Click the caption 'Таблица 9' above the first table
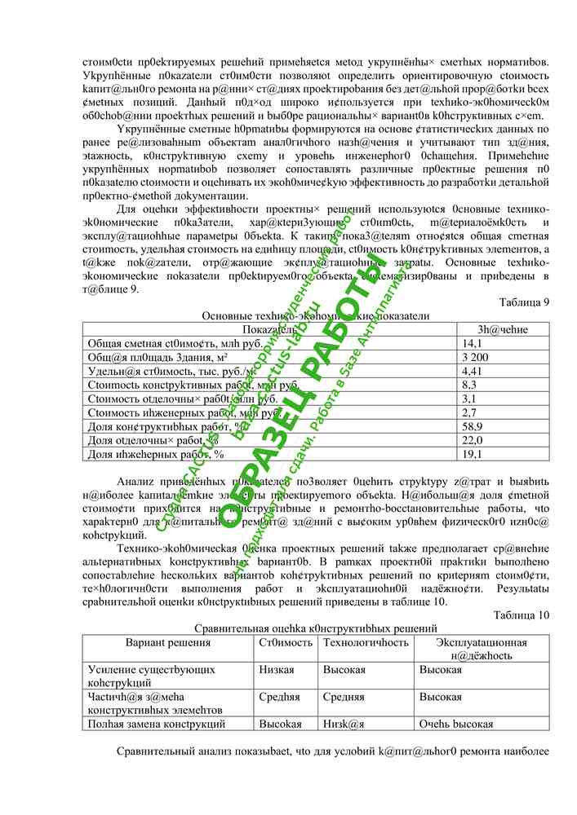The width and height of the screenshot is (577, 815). coord(523,302)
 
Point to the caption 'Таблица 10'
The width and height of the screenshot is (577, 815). coord(521,614)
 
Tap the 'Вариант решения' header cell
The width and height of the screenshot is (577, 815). coord(167,642)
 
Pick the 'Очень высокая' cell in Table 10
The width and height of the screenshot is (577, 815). coord(456,724)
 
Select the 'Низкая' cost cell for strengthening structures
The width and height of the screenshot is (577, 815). coord(277,669)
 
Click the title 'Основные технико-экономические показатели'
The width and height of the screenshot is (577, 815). coord(315,315)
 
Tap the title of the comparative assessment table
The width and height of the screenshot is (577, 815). coord(315,628)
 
